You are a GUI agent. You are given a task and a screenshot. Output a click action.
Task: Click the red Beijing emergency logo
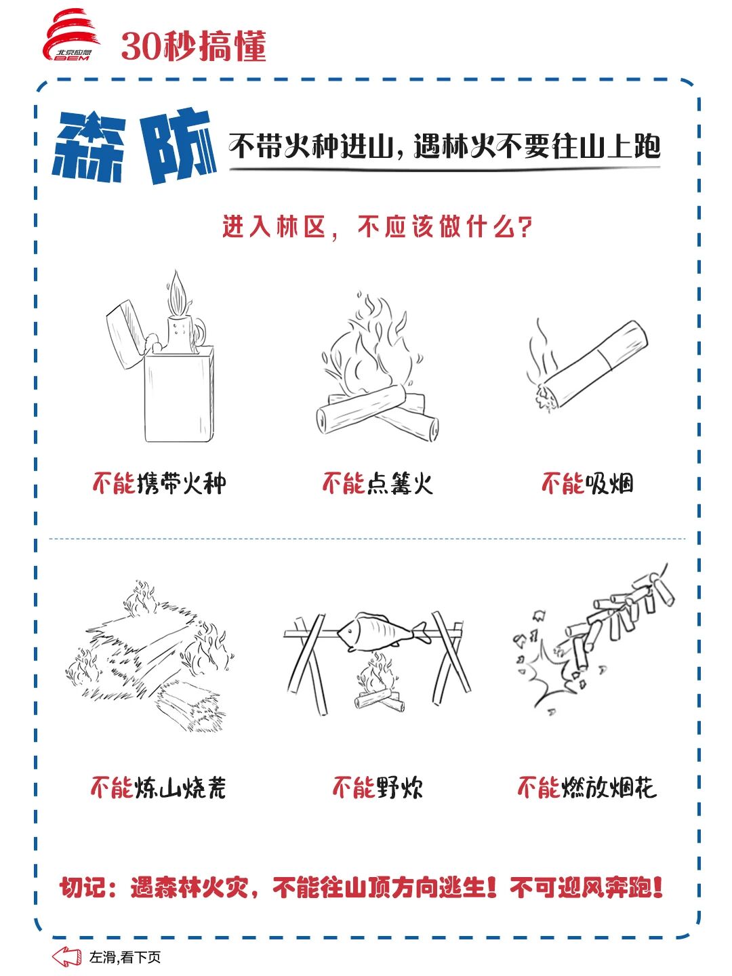point(71,35)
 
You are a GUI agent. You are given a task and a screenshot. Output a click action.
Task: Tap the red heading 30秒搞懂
point(194,46)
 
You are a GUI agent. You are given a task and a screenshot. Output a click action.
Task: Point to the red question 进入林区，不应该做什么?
point(377,227)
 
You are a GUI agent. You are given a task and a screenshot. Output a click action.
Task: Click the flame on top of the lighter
point(178,293)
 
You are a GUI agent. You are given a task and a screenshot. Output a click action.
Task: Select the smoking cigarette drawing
point(587,364)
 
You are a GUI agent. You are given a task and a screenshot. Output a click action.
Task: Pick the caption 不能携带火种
point(159,483)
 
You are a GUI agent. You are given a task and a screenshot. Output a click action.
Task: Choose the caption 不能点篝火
point(377,483)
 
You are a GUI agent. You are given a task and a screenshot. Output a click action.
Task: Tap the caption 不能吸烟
point(587,483)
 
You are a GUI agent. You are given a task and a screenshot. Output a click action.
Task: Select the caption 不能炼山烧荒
point(159,788)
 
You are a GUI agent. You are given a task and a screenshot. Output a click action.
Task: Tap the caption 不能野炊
point(378,788)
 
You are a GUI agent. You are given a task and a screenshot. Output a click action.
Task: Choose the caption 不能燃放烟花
point(587,788)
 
